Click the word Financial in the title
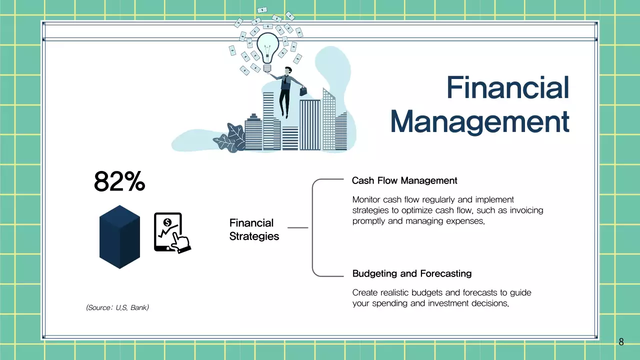tap(507, 87)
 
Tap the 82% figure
tap(119, 181)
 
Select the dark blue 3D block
tap(119, 237)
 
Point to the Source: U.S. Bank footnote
tap(117, 307)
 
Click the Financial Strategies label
tap(254, 229)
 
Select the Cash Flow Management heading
tap(404, 180)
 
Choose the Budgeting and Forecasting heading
tap(411, 273)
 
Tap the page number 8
tap(621, 341)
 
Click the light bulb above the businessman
tap(267, 52)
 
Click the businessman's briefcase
tap(303, 91)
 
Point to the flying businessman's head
tap(288, 70)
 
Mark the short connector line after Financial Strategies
tap(297, 227)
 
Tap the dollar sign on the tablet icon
tap(167, 222)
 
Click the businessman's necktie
tap(285, 79)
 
